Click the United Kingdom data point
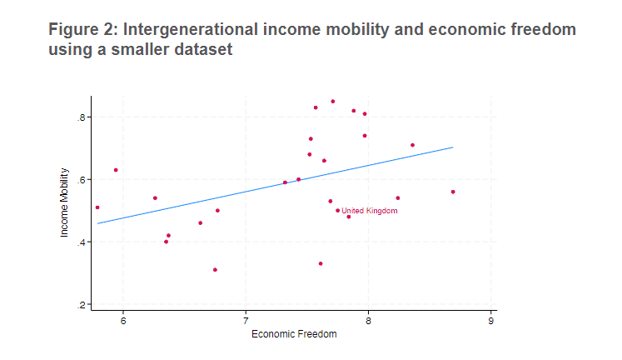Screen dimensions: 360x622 click(337, 211)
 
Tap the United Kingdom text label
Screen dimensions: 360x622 click(370, 212)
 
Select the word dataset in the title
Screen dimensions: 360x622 click(198, 50)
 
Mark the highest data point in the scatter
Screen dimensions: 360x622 click(332, 102)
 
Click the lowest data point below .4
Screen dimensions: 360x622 click(215, 270)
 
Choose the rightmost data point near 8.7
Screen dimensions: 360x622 click(452, 192)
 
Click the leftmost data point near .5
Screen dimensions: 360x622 click(97, 207)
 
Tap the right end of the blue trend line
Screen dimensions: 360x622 click(452, 147)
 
